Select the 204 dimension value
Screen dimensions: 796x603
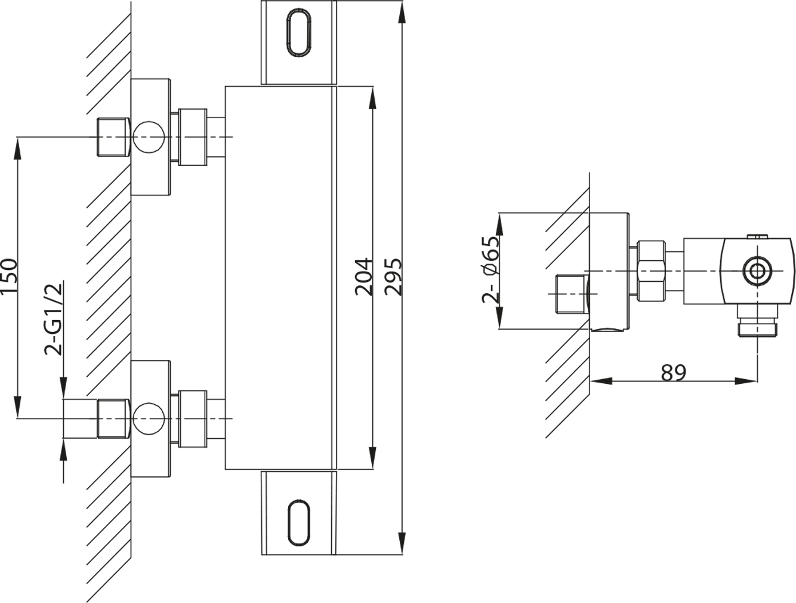click(x=364, y=277)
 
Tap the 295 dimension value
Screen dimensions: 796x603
click(x=393, y=277)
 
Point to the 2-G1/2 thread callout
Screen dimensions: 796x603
click(x=53, y=319)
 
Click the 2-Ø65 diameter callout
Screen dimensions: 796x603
click(x=490, y=270)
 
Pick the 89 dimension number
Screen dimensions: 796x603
click(x=674, y=373)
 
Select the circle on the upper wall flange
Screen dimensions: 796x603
click(x=149, y=137)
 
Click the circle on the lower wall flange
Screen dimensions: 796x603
click(x=149, y=419)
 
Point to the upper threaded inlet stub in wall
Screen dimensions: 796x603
click(x=114, y=137)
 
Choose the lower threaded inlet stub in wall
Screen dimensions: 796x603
click(x=114, y=419)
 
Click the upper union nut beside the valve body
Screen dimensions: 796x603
click(x=193, y=137)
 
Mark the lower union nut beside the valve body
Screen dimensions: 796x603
click(x=193, y=419)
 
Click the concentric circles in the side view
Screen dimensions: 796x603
click(x=757, y=271)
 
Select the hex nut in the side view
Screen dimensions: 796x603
click(x=652, y=271)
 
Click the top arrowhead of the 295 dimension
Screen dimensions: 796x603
click(x=402, y=13)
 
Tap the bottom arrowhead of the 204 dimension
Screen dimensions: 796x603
click(x=372, y=458)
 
